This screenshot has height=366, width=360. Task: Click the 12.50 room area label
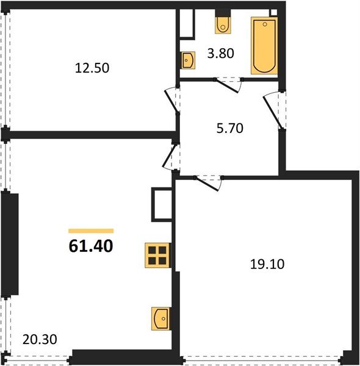[x=92, y=68]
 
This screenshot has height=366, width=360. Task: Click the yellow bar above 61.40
[x=91, y=231]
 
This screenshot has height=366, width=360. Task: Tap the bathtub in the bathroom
[x=264, y=45]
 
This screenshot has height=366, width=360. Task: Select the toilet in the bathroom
[x=223, y=23]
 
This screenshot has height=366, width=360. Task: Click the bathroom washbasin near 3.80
[x=188, y=59]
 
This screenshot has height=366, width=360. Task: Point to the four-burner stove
[x=157, y=254]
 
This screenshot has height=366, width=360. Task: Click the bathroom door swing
[x=229, y=84]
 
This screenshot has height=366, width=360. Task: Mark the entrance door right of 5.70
[x=273, y=110]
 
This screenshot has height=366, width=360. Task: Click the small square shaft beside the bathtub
[x=273, y=12]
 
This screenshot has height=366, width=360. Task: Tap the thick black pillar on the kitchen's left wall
[x=11, y=244]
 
